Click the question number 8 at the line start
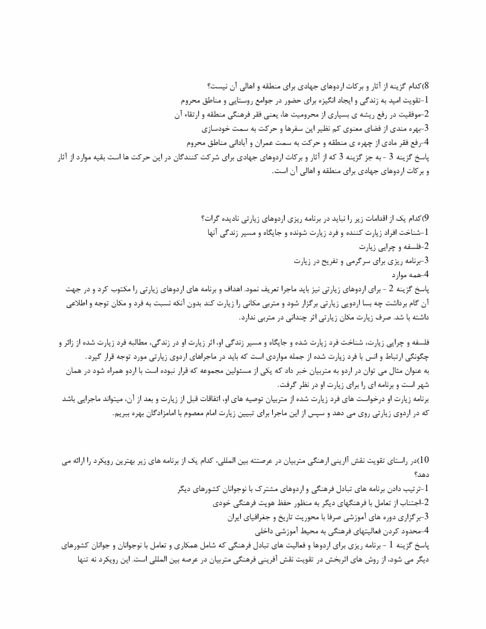click(427, 85)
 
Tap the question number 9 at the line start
click(427, 218)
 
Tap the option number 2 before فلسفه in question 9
click(427, 246)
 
